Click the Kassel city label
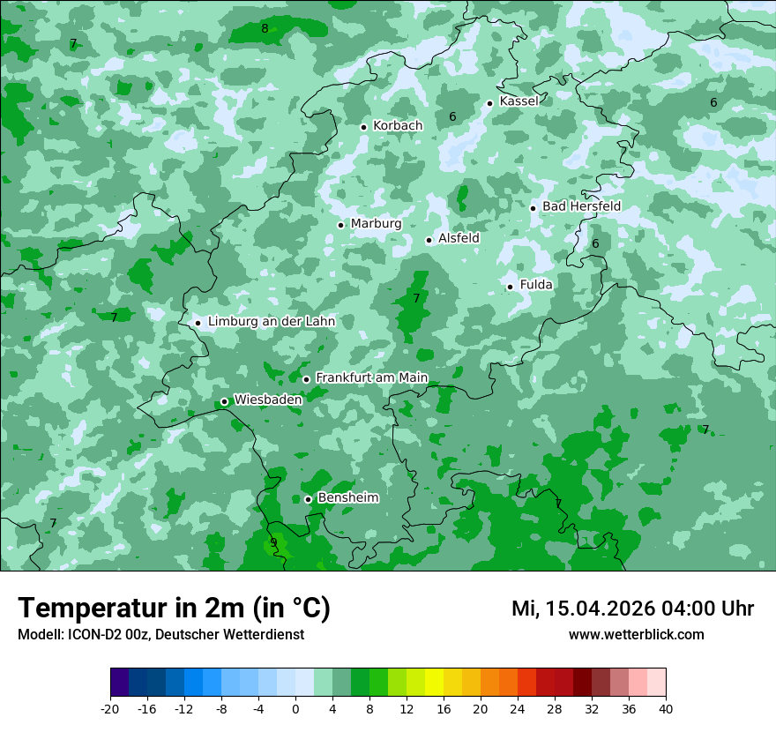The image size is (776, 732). pos(519,101)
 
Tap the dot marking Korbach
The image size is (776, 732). pos(363,127)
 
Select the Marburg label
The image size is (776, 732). pos(376,224)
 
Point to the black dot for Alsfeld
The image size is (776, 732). pos(429,240)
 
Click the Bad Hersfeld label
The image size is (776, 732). pos(581,206)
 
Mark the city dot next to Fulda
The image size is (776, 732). pos(510,287)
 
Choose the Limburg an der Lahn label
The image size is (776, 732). pos(271,322)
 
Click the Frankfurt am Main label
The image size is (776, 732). pos(371,377)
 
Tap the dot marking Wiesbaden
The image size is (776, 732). pos(224,401)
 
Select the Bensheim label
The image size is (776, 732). pos(347,497)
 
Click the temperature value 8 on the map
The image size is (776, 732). pos(265,28)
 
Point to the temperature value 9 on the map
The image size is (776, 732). pos(273,542)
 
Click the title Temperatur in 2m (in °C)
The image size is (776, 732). pos(174,608)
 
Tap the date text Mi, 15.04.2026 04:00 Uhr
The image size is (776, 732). pos(632,609)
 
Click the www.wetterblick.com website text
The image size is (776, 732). pos(636,634)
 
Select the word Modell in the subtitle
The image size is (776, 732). pos(38,634)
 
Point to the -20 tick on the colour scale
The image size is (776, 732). pos(110,708)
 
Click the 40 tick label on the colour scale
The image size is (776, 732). pos(665,708)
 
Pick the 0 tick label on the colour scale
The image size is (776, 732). pos(295,708)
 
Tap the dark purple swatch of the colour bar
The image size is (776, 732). pos(120,683)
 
